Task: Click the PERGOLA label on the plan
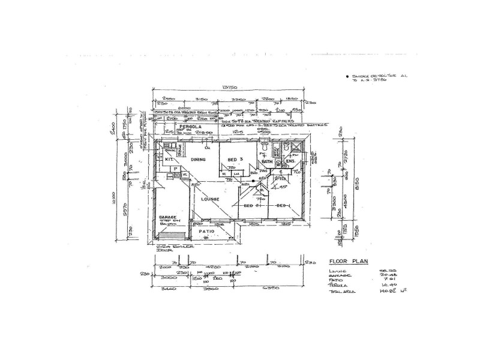[175, 128]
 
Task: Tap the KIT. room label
[169, 160]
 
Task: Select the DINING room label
[199, 159]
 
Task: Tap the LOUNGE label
[210, 199]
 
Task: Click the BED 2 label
[251, 206]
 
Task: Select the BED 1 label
[283, 206]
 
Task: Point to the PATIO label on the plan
[207, 231]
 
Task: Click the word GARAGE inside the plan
[167, 217]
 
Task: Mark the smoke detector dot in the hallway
[254, 180]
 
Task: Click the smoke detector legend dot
[347, 77]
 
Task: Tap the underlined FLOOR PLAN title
[349, 262]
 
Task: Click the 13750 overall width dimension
[228, 88]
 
